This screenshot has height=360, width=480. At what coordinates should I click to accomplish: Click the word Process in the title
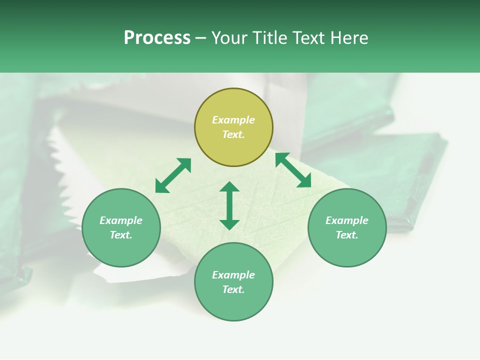[x=157, y=38]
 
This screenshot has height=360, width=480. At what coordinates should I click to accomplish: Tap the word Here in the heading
[x=347, y=38]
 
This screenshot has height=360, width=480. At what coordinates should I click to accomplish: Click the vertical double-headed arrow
[x=229, y=205]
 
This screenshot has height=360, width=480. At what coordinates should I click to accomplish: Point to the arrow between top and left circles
[x=173, y=175]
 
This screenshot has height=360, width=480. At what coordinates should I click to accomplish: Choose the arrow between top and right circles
[x=293, y=170]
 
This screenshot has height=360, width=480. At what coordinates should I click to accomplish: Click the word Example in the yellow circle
[x=233, y=120]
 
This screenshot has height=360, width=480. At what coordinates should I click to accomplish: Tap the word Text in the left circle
[x=121, y=235]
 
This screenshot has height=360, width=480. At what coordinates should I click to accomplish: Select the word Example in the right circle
[x=347, y=220]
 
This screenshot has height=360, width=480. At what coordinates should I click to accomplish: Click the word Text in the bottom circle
[x=233, y=289]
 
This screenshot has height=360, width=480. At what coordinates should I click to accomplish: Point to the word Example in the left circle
[x=121, y=220]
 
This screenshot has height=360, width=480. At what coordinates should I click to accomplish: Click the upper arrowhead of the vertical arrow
[x=229, y=187]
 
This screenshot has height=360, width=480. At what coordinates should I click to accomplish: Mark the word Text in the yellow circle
[x=233, y=134]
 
